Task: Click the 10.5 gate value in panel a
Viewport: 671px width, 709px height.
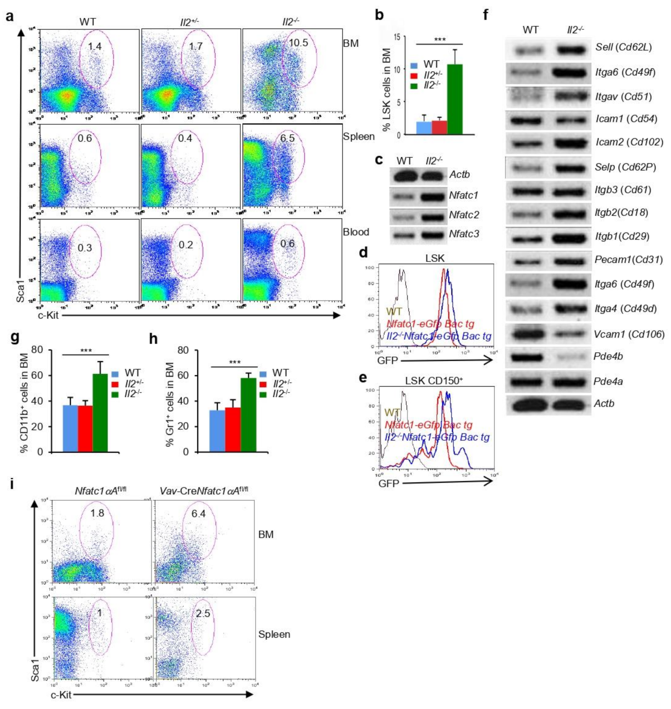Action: pyautogui.click(x=298, y=43)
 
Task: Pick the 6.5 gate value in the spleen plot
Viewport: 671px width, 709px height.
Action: pyautogui.click(x=287, y=138)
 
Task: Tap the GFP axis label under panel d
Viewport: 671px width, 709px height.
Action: pyautogui.click(x=387, y=360)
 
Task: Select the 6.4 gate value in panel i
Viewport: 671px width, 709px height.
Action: pyautogui.click(x=199, y=514)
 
